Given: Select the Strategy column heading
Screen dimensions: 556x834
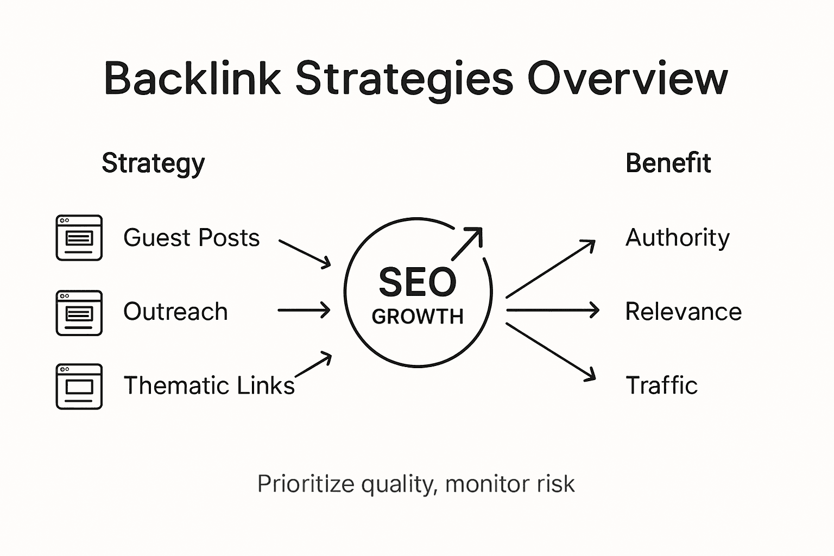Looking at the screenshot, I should click(153, 163).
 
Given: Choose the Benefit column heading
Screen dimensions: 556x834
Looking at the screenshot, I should click(668, 163).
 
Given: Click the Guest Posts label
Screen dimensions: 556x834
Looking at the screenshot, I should click(191, 238).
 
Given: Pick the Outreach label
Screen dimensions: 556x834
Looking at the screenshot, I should click(175, 312).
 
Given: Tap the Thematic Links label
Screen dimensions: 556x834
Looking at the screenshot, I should click(208, 386).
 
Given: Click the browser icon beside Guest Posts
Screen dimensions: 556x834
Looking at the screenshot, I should click(79, 238).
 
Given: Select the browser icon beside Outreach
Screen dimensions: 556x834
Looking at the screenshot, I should click(79, 313).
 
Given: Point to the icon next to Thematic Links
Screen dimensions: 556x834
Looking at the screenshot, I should click(79, 386).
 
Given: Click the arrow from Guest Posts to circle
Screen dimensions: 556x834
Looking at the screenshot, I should click(305, 254).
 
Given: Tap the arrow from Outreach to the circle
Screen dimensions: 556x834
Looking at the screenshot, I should click(304, 311).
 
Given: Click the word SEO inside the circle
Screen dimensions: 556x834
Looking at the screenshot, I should click(417, 282).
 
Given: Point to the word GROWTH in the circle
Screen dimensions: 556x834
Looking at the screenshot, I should click(417, 317).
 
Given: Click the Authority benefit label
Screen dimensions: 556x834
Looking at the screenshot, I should click(677, 238).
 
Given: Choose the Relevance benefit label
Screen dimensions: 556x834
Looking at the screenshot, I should click(683, 312).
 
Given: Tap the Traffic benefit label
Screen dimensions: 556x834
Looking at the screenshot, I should click(661, 386).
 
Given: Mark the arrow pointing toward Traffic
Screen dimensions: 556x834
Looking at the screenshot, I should click(551, 351).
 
